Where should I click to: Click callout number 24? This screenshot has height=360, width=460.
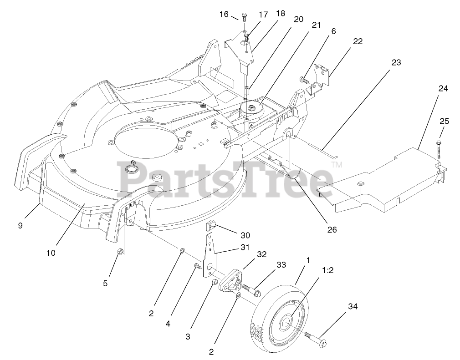(x=443, y=88)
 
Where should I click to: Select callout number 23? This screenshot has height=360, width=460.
(x=396, y=62)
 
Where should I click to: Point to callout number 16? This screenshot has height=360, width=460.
(x=224, y=14)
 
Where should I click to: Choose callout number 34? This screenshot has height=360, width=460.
(x=353, y=306)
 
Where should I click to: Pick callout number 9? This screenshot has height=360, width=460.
(x=20, y=225)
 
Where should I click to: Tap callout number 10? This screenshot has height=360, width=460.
(x=51, y=253)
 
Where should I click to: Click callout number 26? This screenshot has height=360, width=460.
(x=332, y=229)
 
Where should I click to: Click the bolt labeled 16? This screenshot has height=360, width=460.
(x=244, y=17)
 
